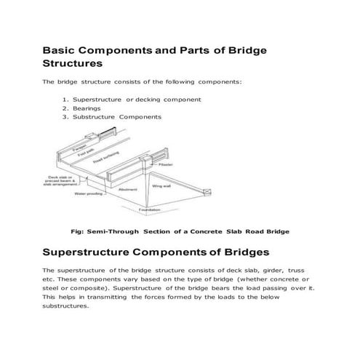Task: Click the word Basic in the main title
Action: pyautogui.click(x=60, y=52)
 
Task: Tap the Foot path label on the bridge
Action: pyautogui.click(x=84, y=153)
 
